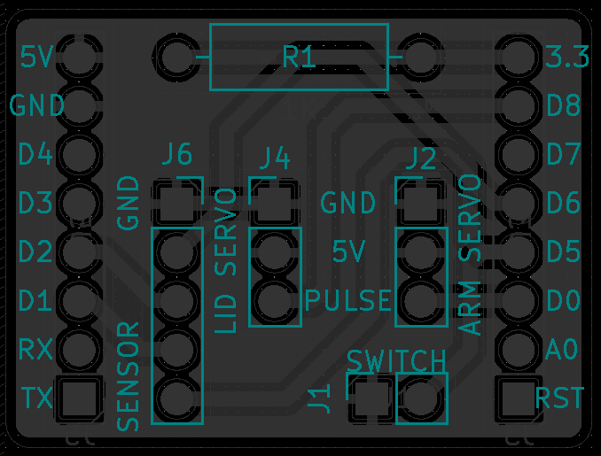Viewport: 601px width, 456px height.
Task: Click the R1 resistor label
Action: [299, 58]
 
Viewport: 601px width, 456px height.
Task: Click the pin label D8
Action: [563, 106]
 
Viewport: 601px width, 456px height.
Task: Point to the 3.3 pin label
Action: [567, 58]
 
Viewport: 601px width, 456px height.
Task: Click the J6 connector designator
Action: [176, 155]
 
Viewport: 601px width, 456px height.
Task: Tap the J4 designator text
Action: [275, 158]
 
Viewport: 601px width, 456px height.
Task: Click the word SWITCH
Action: [396, 361]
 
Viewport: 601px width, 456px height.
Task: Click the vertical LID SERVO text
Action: [228, 260]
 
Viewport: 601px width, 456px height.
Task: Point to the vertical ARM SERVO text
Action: [471, 254]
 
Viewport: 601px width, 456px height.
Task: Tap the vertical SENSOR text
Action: [129, 376]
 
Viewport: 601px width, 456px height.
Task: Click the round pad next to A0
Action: [517, 348]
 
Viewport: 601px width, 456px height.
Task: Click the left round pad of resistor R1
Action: [177, 58]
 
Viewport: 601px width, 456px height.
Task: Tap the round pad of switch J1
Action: [421, 398]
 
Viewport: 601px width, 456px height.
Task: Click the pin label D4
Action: [35, 155]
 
